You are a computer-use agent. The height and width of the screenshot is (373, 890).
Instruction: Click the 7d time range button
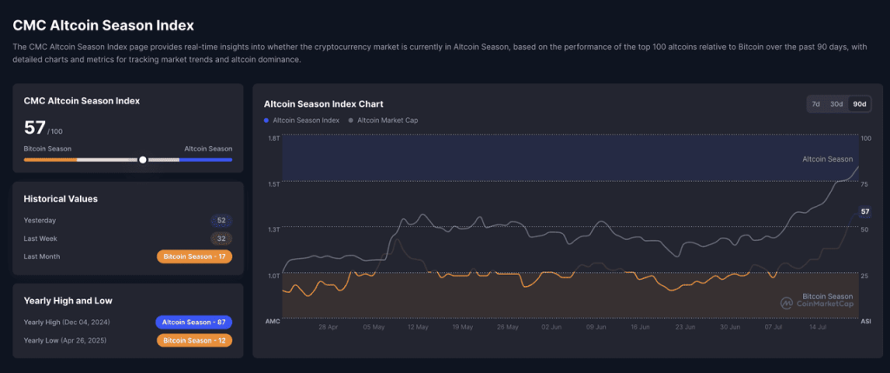point(815,103)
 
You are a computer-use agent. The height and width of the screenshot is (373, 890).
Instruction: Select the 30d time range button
point(836,103)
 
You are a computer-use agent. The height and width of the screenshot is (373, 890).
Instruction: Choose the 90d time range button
point(859,103)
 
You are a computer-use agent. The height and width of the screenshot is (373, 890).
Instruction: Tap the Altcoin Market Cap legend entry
point(382,120)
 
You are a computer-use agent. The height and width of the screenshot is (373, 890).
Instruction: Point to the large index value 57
point(35,128)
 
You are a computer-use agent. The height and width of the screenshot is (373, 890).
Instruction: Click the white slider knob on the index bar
point(143,160)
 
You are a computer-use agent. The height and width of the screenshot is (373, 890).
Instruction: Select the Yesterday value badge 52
point(221,220)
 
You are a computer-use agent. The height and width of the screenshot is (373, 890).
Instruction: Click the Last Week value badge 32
point(221,238)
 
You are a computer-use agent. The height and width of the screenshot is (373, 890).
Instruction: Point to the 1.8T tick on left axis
point(273,138)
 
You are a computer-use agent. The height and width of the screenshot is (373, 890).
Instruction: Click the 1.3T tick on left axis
point(273,230)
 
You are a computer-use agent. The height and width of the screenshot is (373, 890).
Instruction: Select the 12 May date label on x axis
point(417,328)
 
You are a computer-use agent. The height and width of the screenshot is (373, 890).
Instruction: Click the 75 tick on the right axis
point(864,184)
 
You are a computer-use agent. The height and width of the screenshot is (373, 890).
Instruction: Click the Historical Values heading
point(60,198)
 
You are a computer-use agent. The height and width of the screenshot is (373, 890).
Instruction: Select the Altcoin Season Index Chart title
point(323,103)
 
